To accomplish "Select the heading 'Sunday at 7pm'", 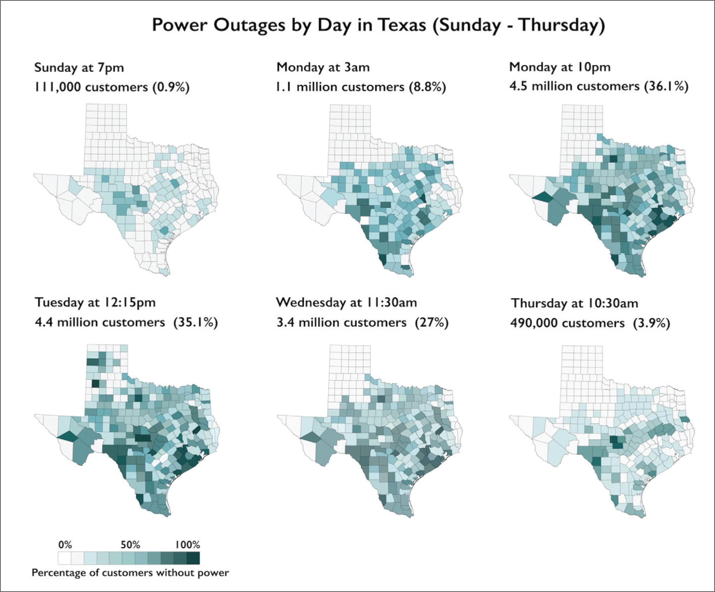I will (x=79, y=67).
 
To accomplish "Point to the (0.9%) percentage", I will (x=171, y=87).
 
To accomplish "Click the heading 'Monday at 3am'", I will (x=323, y=67).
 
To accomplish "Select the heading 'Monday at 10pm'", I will (x=560, y=67).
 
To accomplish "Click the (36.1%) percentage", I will (x=666, y=86).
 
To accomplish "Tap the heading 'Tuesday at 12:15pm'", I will (x=95, y=302).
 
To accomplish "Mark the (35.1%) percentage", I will (x=195, y=322).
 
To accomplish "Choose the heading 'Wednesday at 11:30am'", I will (x=346, y=302).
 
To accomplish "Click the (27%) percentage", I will (x=431, y=322).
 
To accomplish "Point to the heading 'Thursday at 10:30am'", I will (x=574, y=303).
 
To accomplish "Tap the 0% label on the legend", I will (x=65, y=545).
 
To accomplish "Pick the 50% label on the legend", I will (x=130, y=545).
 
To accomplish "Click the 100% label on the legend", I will (x=188, y=545).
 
